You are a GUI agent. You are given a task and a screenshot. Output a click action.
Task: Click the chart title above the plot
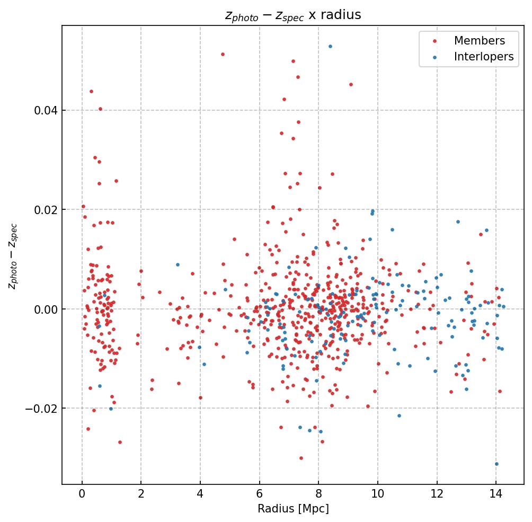pyautogui.click(x=293, y=15)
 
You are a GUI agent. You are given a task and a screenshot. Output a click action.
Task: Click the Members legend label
pyautogui.click(x=479, y=41)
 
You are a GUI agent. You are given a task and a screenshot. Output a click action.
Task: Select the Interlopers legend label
pyautogui.click(x=484, y=57)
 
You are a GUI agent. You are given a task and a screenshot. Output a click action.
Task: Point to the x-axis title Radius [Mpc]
pyautogui.click(x=293, y=509)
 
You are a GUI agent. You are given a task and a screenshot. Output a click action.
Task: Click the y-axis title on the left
pyautogui.click(x=13, y=256)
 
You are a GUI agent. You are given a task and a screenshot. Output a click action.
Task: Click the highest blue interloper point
pyautogui.click(x=330, y=46)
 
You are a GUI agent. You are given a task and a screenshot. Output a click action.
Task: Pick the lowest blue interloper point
pyautogui.click(x=496, y=464)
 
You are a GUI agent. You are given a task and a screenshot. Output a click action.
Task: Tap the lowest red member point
pyautogui.click(x=301, y=458)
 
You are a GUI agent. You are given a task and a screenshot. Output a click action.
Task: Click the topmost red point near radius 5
pyautogui.click(x=223, y=54)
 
